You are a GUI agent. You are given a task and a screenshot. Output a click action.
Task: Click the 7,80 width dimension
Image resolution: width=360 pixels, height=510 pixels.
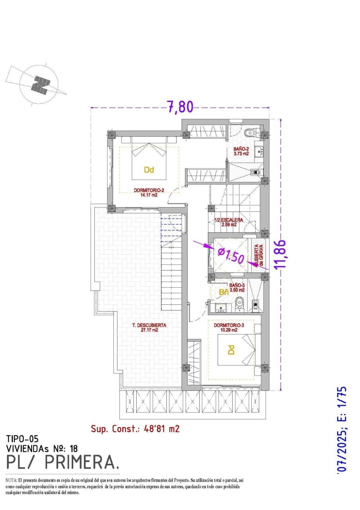180,107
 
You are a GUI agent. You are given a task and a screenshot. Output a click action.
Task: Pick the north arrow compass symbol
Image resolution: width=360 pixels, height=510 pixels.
40,84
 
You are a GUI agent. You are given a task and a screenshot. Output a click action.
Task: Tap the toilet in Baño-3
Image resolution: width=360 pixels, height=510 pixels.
239,305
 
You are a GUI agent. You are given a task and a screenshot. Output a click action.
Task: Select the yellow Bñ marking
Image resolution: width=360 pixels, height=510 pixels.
224,292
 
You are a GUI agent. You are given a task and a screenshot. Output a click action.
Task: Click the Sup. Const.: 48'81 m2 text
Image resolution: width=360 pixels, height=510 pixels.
135,429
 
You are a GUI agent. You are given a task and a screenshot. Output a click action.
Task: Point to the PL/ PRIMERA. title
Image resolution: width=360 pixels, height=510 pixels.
63,462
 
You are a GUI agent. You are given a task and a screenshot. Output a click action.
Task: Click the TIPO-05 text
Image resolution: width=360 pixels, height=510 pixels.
22,439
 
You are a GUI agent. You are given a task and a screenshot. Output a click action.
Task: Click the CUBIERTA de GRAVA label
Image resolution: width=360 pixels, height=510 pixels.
259,255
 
